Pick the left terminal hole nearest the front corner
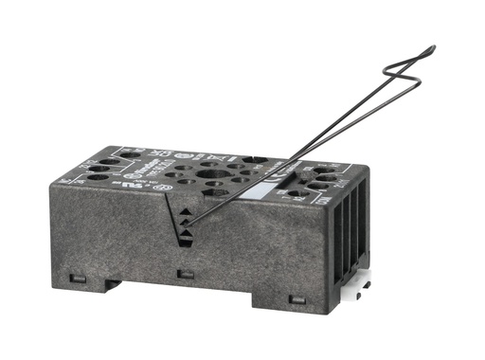pyautogui.click(x=97, y=177)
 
